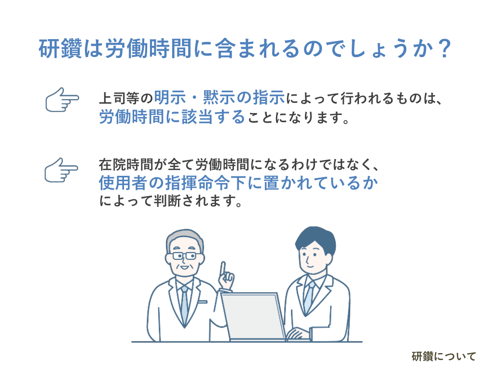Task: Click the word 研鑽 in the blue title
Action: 60,49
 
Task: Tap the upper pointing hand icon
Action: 62,100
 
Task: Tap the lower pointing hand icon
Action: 61,170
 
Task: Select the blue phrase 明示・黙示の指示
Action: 220,98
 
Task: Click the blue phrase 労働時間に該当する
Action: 172,117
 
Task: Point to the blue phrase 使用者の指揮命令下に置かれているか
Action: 238,183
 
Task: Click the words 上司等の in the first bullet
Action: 126,98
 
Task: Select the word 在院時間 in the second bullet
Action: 126,165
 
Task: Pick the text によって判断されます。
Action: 171,201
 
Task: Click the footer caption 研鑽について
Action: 444,357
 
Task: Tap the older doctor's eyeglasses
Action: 184,256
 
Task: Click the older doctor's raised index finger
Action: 223,269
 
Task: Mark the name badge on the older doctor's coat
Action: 202,302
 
